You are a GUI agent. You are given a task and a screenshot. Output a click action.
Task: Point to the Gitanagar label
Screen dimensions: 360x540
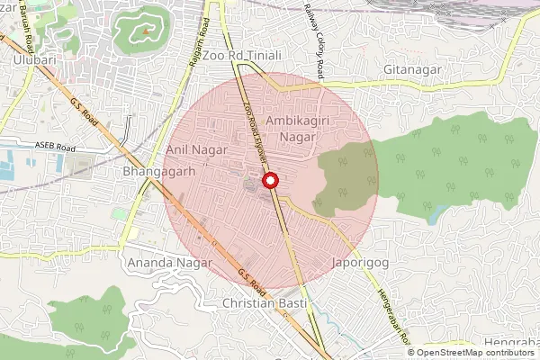[x=412, y=68]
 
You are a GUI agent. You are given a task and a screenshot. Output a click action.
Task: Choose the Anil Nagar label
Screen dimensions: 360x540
[x=195, y=148]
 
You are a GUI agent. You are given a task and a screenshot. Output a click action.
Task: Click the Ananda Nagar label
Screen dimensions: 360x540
[x=170, y=263]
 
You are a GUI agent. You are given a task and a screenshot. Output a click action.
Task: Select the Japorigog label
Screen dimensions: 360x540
[x=362, y=265]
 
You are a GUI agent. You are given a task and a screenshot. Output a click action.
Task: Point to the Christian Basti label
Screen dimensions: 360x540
[x=265, y=304]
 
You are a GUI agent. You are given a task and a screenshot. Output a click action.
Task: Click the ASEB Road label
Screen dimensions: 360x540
[x=56, y=146]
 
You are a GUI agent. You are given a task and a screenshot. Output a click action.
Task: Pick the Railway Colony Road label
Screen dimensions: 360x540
[x=313, y=34]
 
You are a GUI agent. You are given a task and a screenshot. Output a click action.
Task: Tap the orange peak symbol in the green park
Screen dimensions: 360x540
[x=144, y=32]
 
